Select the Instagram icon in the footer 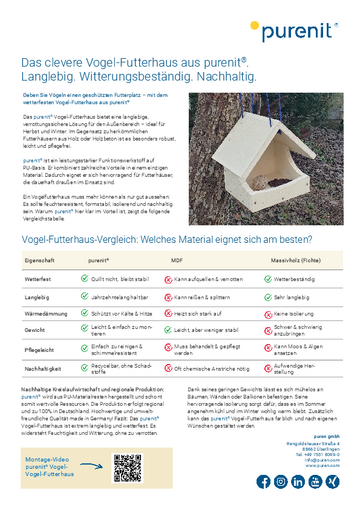click(281, 481)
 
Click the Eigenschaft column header click(40, 258)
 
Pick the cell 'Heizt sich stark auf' click(203, 312)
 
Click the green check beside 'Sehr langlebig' click(264, 296)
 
